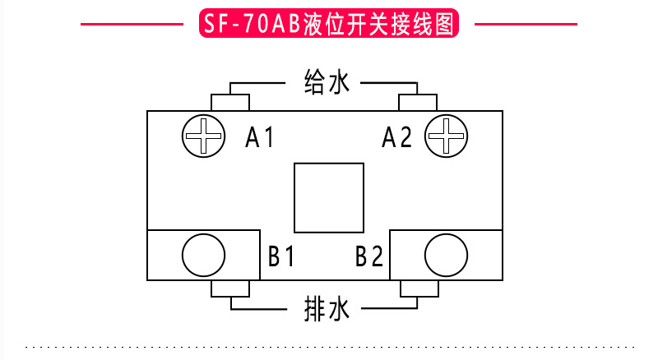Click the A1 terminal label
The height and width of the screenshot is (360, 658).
pyautogui.click(x=261, y=137)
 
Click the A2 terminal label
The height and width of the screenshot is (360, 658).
pyautogui.click(x=396, y=137)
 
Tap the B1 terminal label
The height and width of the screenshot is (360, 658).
pyautogui.click(x=280, y=256)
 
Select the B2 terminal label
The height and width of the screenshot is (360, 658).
pyautogui.click(x=369, y=256)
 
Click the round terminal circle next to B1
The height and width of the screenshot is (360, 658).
pyautogui.click(x=202, y=255)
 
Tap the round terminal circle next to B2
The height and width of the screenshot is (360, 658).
pyautogui.click(x=446, y=255)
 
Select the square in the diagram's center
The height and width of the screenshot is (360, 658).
pyautogui.click(x=329, y=198)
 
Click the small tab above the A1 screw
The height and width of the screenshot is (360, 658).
pyautogui.click(x=230, y=103)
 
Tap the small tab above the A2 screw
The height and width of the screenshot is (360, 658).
pyautogui.click(x=417, y=103)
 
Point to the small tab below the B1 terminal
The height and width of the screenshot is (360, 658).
pyautogui.click(x=230, y=288)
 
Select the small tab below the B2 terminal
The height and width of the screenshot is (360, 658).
pyautogui.click(x=417, y=288)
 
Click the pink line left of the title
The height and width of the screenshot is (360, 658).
pyautogui.click(x=132, y=25)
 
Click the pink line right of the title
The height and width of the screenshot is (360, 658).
pyautogui.click(x=526, y=25)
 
